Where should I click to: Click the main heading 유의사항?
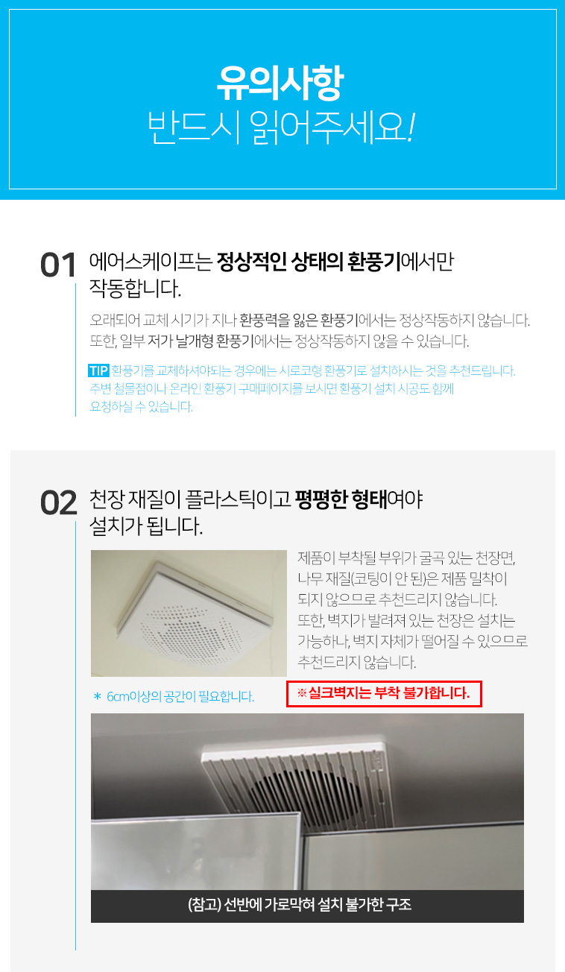point(280,83)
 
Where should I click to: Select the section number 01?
point(57,265)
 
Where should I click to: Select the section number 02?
point(59,503)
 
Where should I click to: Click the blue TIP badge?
point(98,371)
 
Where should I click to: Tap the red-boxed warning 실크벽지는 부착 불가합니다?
point(389,693)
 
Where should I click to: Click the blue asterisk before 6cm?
point(97,696)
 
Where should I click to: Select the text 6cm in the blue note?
point(118,696)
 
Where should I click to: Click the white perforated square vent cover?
point(195,616)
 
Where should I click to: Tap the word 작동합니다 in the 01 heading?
point(135,288)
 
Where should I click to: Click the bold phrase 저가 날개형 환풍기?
point(201,341)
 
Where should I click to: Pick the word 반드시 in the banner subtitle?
point(194,127)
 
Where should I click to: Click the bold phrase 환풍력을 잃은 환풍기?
point(299,321)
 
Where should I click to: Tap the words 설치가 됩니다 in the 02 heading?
point(146,526)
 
